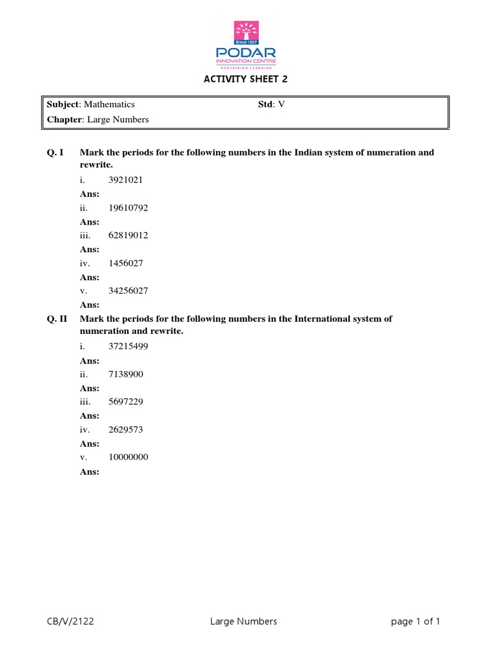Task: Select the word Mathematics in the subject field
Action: (109, 104)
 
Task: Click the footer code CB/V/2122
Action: (71, 622)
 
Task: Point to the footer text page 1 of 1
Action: (416, 622)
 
